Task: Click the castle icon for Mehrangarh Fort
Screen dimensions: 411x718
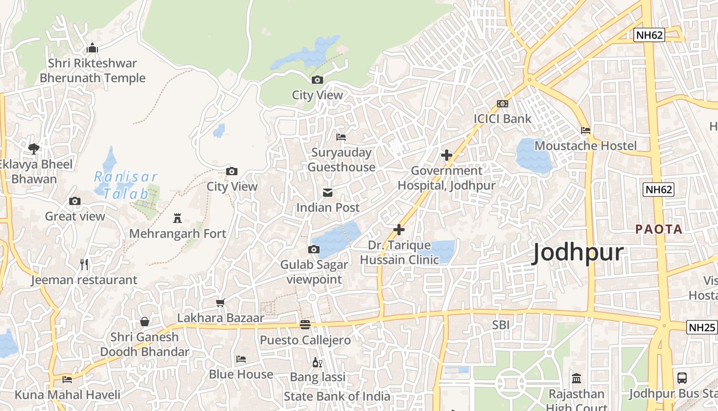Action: pyautogui.click(x=177, y=218)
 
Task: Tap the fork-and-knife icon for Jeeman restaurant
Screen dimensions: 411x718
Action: pyautogui.click(x=85, y=265)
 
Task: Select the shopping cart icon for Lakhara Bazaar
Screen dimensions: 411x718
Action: pyautogui.click(x=221, y=303)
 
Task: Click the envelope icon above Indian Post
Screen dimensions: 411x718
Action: pyautogui.click(x=327, y=193)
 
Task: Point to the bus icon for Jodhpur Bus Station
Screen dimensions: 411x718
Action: pyautogui.click(x=682, y=378)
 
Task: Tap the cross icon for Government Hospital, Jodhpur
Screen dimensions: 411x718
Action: pyautogui.click(x=447, y=155)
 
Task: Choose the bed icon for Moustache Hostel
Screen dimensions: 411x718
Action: pyautogui.click(x=586, y=130)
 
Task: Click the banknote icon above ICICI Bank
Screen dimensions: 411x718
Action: pyautogui.click(x=503, y=104)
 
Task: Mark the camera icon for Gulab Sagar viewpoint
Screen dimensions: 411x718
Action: pyautogui.click(x=314, y=250)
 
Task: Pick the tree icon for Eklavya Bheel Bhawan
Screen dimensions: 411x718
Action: pyautogui.click(x=34, y=149)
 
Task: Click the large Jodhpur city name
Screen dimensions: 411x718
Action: pyautogui.click(x=578, y=253)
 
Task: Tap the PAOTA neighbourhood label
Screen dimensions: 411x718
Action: pyautogui.click(x=659, y=229)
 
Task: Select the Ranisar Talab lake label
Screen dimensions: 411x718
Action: pyautogui.click(x=126, y=185)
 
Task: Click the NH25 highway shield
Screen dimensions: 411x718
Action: pyautogui.click(x=702, y=327)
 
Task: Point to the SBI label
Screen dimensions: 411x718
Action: pyautogui.click(x=501, y=325)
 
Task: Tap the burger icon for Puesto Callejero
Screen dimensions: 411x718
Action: pyautogui.click(x=305, y=325)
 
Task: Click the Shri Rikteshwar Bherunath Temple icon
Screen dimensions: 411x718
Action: pyautogui.click(x=92, y=48)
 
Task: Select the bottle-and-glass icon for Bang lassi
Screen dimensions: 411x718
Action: pyautogui.click(x=317, y=363)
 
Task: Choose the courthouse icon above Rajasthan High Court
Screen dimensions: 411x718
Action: pyautogui.click(x=576, y=379)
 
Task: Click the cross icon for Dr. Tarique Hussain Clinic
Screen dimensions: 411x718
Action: pyautogui.click(x=399, y=230)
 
